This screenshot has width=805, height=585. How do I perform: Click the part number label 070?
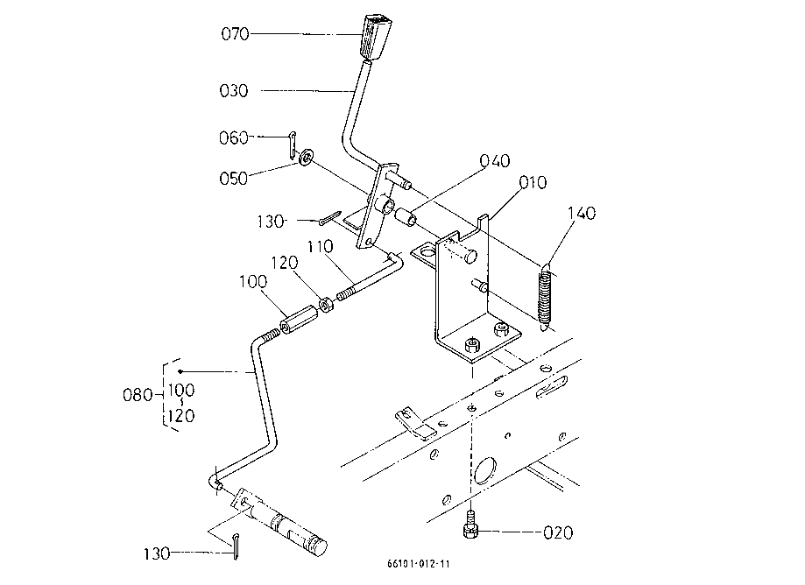pos(235,34)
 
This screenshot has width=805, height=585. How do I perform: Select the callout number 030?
pos(234,91)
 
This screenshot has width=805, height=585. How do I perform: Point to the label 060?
pos(234,138)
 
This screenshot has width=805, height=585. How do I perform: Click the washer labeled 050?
pos(307,157)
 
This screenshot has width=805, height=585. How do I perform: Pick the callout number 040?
pos(495,160)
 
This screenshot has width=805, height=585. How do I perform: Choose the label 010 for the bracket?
pos(533,182)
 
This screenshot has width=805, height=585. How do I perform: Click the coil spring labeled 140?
pos(546,297)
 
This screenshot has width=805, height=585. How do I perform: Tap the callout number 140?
pos(582,213)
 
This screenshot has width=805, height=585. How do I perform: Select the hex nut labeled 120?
pos(326,305)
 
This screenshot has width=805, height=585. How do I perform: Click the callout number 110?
pos(321,247)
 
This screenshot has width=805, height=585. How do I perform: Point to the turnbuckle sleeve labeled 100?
pos(296,321)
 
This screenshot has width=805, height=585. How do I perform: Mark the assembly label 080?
pos(138,395)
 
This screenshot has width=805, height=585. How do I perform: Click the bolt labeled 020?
pos(470,525)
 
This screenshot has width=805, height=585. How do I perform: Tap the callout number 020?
pos(558,532)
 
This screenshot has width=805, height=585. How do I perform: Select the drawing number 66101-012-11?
pos(419,563)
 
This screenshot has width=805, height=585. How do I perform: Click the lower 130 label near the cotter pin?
pos(157,553)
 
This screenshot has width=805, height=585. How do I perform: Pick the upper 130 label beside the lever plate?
pos(270,222)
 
